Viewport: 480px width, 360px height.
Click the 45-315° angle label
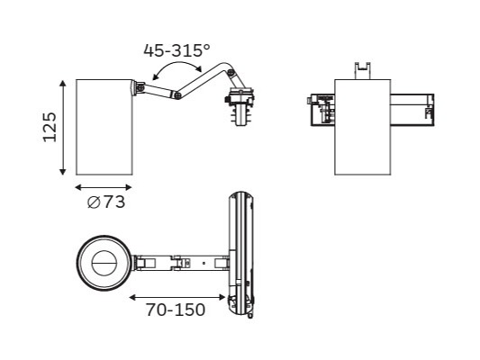177,50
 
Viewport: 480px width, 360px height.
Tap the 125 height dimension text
50,127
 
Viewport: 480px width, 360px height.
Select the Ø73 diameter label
106,202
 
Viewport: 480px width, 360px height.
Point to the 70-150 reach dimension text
175,310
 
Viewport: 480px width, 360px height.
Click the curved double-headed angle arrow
177,62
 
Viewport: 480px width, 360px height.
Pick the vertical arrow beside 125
63,128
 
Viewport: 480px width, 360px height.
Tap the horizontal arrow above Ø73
104,187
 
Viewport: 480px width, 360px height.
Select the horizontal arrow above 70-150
177,297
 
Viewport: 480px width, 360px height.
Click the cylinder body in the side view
104,127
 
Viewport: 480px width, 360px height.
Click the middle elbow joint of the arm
177,95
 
